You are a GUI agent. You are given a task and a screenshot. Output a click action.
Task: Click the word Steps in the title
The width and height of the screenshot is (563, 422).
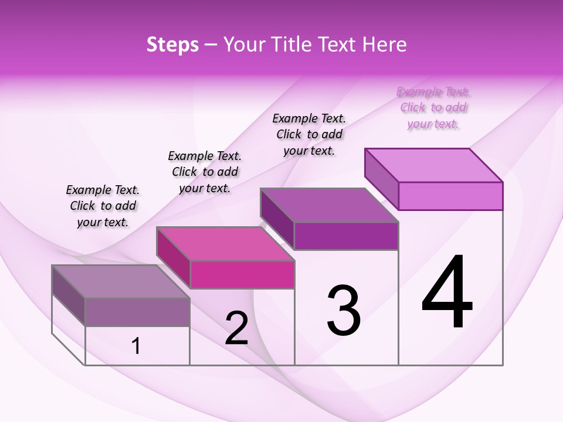point(172,45)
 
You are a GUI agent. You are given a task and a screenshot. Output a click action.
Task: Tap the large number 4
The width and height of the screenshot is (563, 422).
point(447,293)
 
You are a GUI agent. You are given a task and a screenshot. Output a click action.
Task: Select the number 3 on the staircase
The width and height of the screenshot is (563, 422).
point(344,311)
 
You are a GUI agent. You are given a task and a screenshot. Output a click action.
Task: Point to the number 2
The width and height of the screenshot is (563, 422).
point(236,329)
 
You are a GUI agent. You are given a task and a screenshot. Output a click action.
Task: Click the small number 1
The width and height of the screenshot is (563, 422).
point(136,346)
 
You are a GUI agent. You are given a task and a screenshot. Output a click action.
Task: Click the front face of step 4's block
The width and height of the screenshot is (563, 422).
point(450,196)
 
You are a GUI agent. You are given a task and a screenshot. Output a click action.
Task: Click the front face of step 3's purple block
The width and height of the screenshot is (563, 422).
point(346,236)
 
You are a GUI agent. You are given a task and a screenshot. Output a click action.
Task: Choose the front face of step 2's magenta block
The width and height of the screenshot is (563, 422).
point(242,274)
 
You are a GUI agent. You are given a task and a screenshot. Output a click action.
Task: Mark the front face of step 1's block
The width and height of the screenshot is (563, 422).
point(137,312)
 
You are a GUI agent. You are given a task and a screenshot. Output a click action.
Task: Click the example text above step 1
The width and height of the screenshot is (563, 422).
point(103,206)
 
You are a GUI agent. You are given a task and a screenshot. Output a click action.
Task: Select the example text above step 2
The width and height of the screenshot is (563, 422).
point(205,172)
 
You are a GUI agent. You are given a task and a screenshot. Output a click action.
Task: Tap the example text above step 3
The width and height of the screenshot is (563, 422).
point(309,134)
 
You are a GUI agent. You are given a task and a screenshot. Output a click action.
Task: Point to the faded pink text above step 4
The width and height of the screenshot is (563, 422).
point(433,108)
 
